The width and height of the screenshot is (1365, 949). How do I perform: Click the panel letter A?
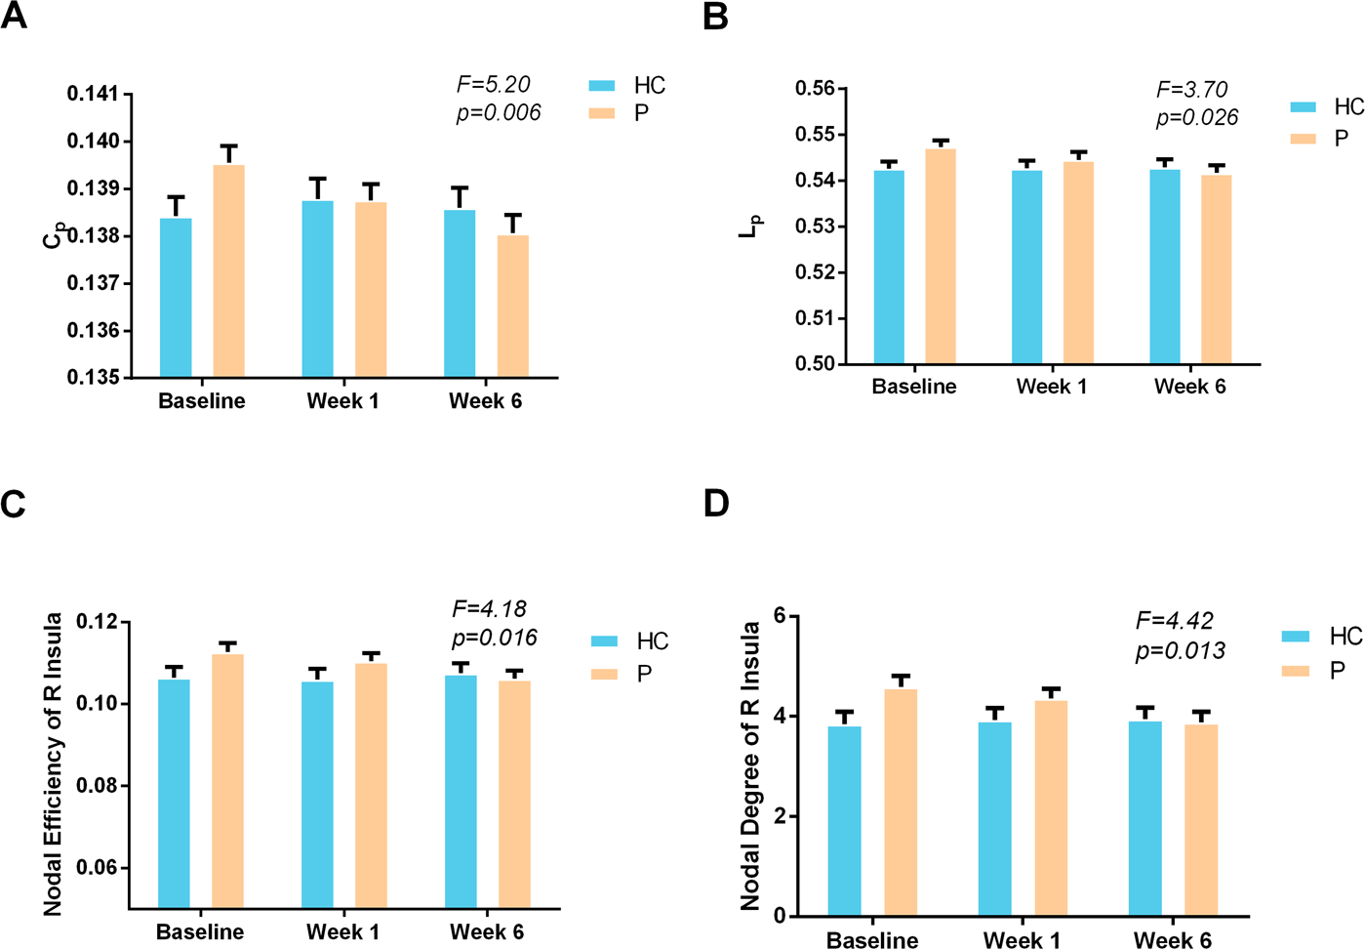[x=15, y=17]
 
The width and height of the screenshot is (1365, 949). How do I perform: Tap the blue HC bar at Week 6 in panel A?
[x=460, y=293]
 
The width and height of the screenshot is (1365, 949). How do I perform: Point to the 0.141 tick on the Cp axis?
[x=93, y=94]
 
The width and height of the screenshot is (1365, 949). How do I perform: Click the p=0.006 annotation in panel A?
[x=498, y=113]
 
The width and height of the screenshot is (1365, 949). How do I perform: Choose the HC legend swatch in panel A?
[x=602, y=86]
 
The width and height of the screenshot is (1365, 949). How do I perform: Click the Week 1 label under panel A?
[x=342, y=401]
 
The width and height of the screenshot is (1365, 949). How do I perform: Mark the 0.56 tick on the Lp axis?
[x=815, y=89]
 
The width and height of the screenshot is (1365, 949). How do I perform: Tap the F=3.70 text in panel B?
[x=1191, y=90]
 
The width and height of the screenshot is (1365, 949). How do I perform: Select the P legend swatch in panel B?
[x=1303, y=139]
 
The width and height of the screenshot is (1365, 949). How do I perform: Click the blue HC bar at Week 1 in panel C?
[x=317, y=795]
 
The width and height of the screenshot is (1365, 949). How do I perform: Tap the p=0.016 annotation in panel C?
[x=494, y=639]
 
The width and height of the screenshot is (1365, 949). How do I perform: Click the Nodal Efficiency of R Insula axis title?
[x=53, y=763]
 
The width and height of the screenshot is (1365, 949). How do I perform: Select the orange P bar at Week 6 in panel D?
[x=1201, y=820]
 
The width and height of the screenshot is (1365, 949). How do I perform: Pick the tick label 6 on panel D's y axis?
[x=779, y=616]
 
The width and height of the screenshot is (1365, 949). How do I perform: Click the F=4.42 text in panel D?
[x=1174, y=621]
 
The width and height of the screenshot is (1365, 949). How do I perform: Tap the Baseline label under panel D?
[x=871, y=940]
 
